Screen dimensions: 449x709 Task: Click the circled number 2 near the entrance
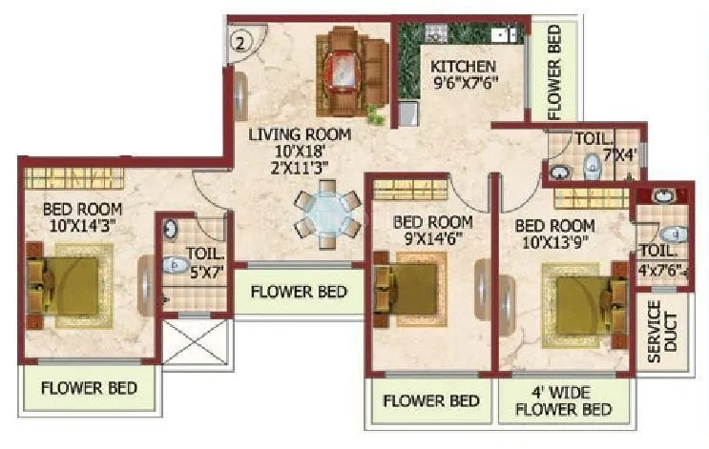(x=241, y=41)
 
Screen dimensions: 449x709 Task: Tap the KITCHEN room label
(x=463, y=66)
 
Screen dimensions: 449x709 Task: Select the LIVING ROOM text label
(x=300, y=134)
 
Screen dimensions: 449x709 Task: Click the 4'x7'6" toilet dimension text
(x=659, y=268)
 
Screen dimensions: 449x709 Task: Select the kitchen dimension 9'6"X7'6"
(x=464, y=84)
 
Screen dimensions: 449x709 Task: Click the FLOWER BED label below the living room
(x=299, y=291)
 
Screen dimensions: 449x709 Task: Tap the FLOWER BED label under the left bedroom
(x=90, y=388)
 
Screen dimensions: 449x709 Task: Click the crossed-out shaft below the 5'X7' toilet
(x=198, y=340)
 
